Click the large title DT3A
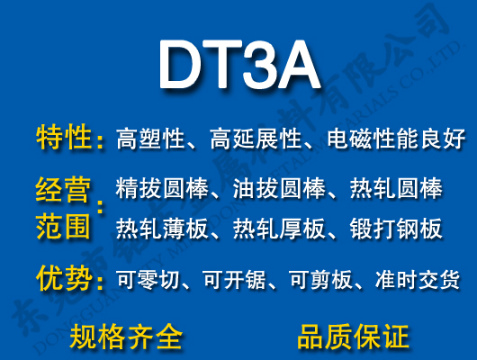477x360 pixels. click(x=238, y=64)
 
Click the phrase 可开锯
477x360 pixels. click(x=234, y=280)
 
